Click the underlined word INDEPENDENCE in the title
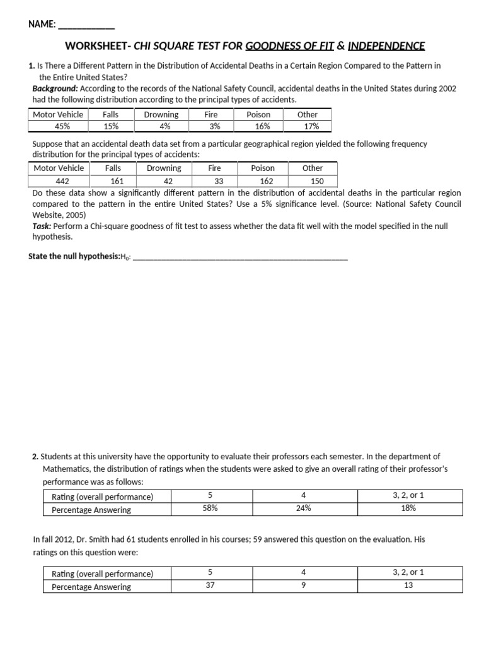click(386, 45)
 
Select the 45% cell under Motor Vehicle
click(58, 126)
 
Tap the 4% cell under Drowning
click(161, 126)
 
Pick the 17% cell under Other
click(307, 126)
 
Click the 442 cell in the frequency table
click(58, 180)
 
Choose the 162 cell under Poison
click(262, 180)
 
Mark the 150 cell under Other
click(312, 180)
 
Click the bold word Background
click(55, 88)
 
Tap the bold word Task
click(42, 226)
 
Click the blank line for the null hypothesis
click(240, 257)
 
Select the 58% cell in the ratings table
click(210, 508)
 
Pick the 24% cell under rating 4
click(303, 508)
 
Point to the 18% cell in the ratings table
click(408, 508)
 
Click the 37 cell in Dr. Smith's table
click(210, 586)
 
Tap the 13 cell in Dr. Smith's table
click(408, 586)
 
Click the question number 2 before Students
click(35, 456)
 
